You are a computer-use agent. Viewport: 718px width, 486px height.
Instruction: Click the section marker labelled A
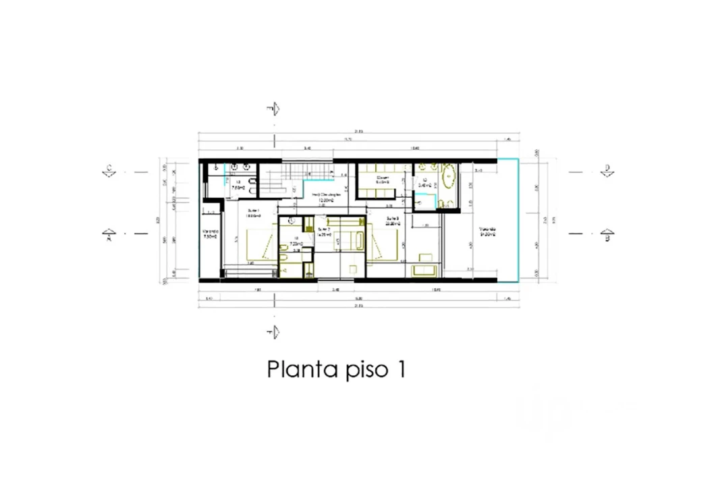point(108,236)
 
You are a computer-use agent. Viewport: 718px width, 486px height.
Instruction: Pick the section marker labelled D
point(606,171)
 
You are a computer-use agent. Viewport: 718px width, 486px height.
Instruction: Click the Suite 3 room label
point(393,221)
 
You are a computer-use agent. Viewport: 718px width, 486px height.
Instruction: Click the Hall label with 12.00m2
point(328,197)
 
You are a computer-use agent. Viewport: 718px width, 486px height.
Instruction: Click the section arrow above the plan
point(273,110)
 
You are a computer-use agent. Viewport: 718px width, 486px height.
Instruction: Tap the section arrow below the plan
point(273,331)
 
